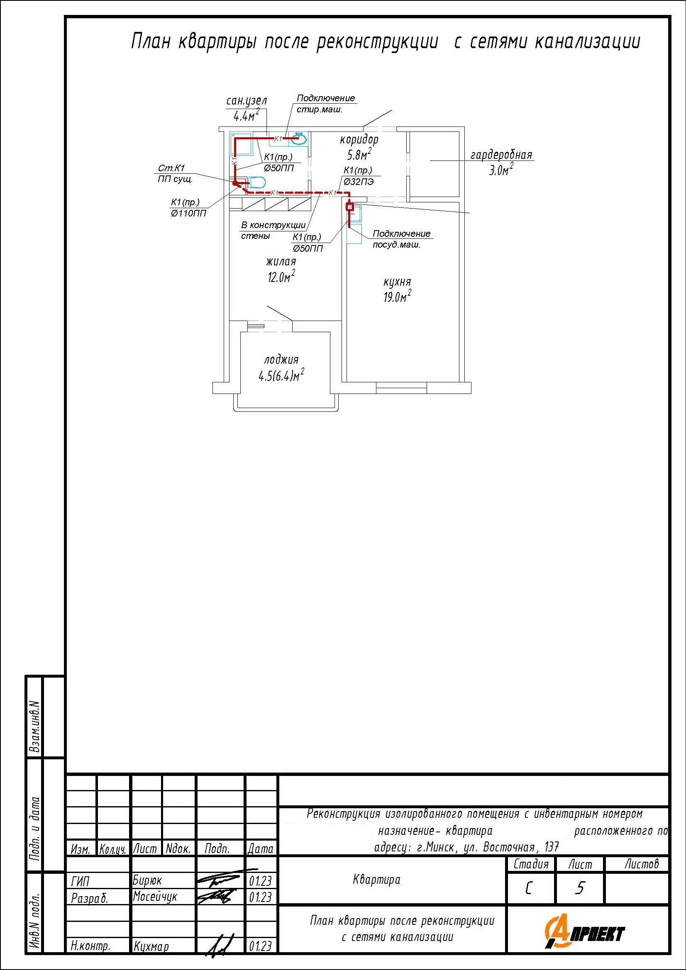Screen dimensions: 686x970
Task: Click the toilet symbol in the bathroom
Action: [257, 182]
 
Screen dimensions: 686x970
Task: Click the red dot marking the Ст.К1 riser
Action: [235, 183]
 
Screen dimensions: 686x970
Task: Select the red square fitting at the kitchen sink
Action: [349, 207]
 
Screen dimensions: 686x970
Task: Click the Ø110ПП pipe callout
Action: [188, 213]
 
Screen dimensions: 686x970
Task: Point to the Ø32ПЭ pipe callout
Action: [359, 182]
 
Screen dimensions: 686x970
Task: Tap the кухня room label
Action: [397, 282]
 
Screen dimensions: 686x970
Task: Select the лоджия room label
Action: [281, 360]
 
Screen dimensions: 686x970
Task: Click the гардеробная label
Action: [501, 155]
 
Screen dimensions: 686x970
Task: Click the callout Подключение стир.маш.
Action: [325, 104]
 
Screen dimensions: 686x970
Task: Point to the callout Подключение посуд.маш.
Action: [401, 239]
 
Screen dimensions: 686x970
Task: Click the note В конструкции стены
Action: [273, 230]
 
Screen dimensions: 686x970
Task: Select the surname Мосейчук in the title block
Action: [155, 896]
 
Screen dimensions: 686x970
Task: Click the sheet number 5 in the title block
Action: [579, 888]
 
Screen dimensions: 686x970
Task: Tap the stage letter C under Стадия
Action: [529, 889]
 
